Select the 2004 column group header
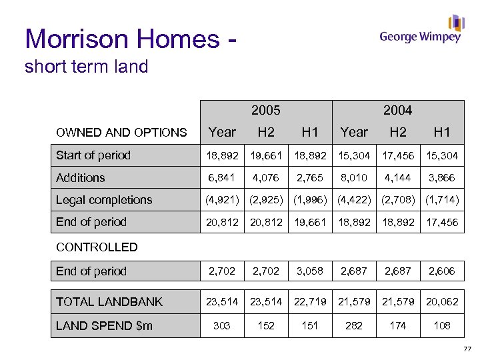point(397,110)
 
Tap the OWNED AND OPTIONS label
point(121,133)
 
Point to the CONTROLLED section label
point(97,247)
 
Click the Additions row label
point(81,177)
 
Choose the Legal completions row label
point(104,200)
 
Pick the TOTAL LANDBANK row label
point(109,302)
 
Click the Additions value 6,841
point(222,178)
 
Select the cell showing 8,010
point(353,178)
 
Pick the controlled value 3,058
point(309,271)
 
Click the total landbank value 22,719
point(309,302)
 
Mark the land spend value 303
point(222,325)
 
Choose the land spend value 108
point(441,325)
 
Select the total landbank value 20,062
point(441,302)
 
